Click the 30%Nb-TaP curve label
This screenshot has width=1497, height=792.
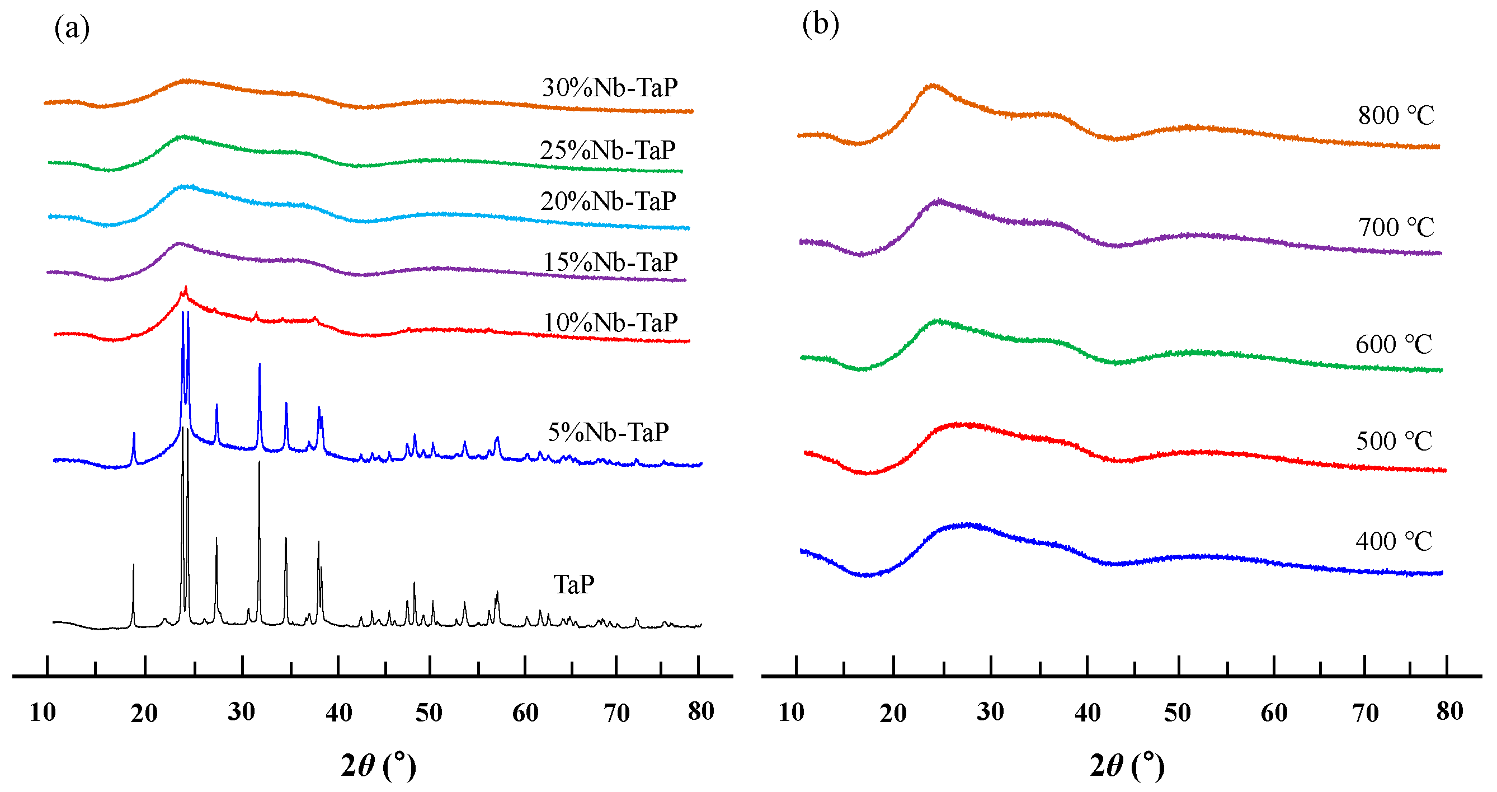tap(610, 88)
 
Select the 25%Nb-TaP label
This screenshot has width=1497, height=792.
tap(608, 151)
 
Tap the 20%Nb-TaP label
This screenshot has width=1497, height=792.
tap(608, 201)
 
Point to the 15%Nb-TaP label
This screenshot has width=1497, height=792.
tap(610, 263)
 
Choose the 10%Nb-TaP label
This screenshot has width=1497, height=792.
tap(610, 323)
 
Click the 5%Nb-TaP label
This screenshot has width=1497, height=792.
tap(608, 432)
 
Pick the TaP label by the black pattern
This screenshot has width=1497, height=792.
tap(573, 584)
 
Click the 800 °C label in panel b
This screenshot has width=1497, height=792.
tap(1396, 115)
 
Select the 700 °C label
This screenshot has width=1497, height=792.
tap(1396, 227)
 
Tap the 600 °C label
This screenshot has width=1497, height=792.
tap(1394, 344)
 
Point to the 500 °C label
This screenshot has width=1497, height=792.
tap(1394, 440)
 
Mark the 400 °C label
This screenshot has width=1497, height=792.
tap(1394, 541)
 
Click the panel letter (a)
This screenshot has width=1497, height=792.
tap(72, 28)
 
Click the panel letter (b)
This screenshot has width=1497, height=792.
tap(820, 25)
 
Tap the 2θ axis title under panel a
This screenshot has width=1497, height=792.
tap(378, 765)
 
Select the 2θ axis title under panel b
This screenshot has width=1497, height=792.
tap(1127, 765)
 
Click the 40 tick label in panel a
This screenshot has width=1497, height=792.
tap(338, 713)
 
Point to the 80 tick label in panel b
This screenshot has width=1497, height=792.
tap(1449, 711)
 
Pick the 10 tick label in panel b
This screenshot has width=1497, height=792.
tap(791, 713)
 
